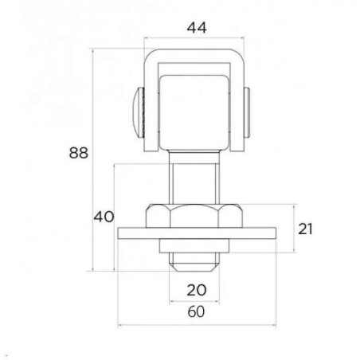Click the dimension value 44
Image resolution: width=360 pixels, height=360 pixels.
[x=195, y=27]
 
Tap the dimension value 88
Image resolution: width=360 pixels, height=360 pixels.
[x=78, y=153]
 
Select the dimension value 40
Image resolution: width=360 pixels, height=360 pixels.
[x=104, y=216]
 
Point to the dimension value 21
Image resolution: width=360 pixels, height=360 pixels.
[x=307, y=229]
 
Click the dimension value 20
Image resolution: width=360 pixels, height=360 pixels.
[x=196, y=290]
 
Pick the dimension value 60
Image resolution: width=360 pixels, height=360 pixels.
[x=196, y=311]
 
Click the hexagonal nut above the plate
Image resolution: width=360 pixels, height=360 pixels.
[x=196, y=217]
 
